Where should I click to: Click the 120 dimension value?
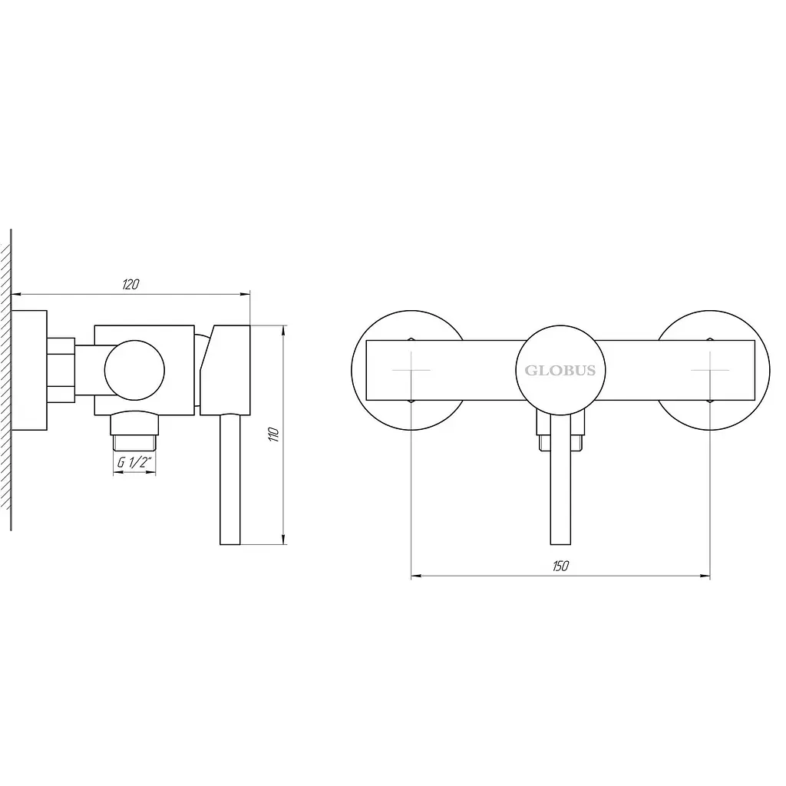[130, 284]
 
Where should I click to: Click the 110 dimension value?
[274, 434]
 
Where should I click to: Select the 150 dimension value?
[560, 566]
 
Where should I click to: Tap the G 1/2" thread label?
[134, 462]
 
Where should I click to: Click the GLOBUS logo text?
[560, 371]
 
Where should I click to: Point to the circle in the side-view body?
[134, 341]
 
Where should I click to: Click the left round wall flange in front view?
[352, 371]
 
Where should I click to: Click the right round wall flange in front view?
[769, 371]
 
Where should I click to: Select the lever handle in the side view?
[230, 479]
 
